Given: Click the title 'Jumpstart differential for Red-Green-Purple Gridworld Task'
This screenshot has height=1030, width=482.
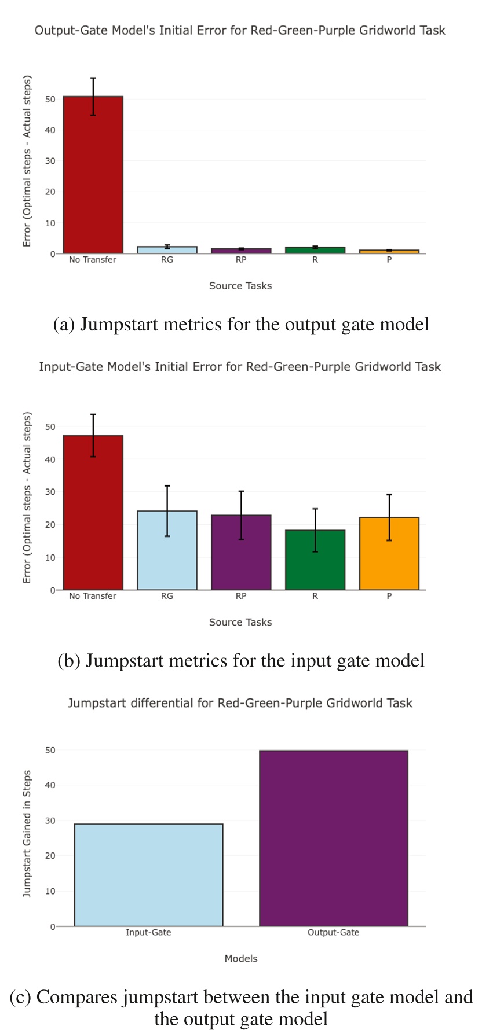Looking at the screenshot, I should [x=240, y=703].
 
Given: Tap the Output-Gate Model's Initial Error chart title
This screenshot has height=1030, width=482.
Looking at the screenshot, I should [x=240, y=30].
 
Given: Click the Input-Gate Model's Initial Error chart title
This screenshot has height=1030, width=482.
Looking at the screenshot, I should [x=240, y=367].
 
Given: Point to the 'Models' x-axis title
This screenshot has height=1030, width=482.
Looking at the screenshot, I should [x=241, y=959].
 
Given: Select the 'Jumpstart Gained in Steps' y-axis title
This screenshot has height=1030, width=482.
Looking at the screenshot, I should [x=27, y=834].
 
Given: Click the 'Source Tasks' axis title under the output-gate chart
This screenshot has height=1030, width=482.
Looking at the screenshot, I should [x=240, y=286].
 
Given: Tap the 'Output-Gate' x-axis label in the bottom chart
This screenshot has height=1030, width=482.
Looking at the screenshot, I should [x=333, y=933].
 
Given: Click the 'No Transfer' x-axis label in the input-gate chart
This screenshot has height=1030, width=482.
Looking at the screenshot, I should [x=93, y=596].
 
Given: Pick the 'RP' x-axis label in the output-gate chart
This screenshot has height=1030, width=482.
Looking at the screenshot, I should [x=241, y=260].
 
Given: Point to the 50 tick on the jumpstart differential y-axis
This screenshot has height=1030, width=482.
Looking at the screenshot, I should [x=50, y=751].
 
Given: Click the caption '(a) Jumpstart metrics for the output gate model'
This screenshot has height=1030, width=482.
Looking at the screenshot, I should [x=241, y=325].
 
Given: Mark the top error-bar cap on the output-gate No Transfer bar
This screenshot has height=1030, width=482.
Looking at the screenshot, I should [x=93, y=78].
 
